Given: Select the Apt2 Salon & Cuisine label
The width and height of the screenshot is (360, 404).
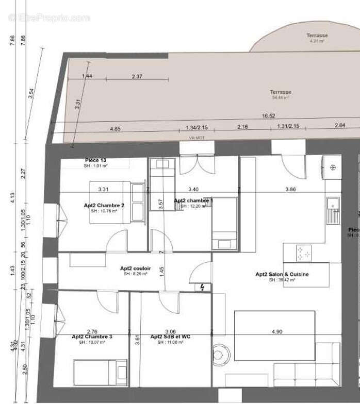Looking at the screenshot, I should [x=282, y=275].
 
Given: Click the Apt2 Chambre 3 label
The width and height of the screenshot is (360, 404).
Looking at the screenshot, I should [x=92, y=336].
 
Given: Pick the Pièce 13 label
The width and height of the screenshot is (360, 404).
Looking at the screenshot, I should [x=95, y=161].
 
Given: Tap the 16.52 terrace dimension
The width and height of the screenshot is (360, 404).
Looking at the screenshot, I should [x=268, y=116].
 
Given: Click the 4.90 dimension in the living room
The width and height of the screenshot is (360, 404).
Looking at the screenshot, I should [x=277, y=332].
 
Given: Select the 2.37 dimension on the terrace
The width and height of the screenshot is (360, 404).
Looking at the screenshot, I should [x=137, y=76].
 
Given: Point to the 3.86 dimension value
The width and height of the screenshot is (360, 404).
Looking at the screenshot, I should [x=291, y=190].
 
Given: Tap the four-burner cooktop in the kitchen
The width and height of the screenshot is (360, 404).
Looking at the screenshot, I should [x=304, y=253].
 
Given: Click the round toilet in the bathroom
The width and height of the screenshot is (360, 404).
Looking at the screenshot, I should [x=222, y=355].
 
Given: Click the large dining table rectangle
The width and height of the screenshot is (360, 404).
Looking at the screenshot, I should [x=274, y=335].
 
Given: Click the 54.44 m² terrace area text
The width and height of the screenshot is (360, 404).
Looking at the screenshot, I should [x=281, y=97].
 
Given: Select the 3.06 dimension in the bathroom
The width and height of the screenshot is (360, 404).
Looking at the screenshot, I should [x=170, y=331].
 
